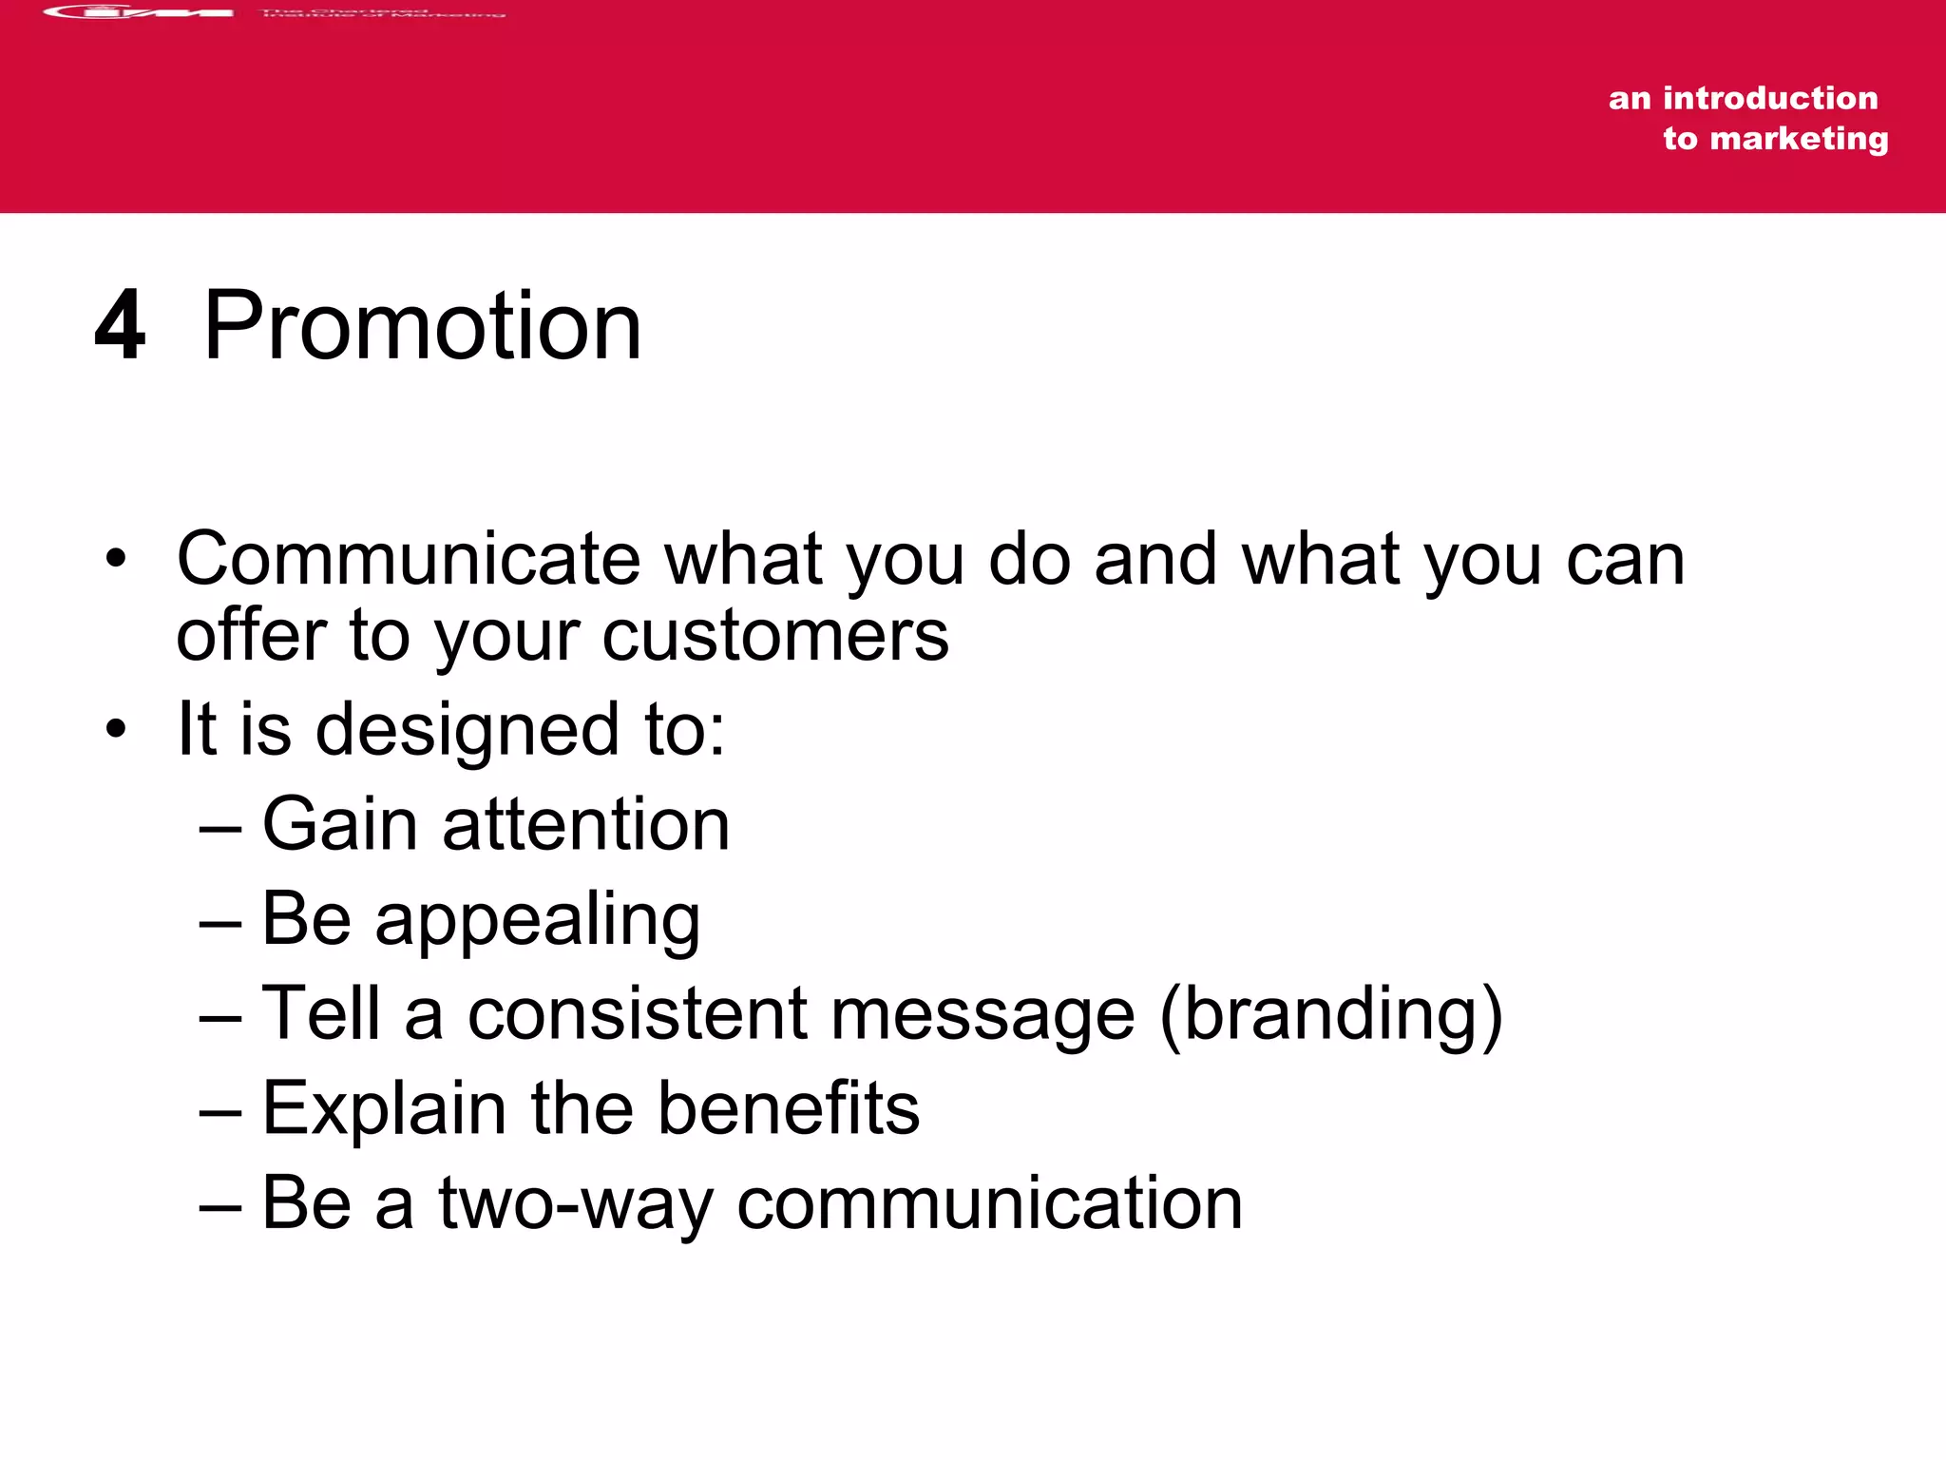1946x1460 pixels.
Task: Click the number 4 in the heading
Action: tap(121, 325)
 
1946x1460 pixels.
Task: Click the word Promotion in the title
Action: tap(423, 327)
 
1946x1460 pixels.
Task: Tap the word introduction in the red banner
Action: tap(1770, 98)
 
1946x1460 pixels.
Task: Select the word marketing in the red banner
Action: tap(1799, 139)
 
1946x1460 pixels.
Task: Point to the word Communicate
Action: tap(409, 559)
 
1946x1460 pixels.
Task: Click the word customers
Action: tap(775, 635)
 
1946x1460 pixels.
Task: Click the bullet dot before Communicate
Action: tap(116, 559)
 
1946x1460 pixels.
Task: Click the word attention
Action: tap(586, 824)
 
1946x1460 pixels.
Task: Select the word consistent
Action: tap(638, 1013)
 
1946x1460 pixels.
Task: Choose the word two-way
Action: tap(575, 1204)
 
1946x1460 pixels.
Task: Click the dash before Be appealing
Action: tap(220, 922)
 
